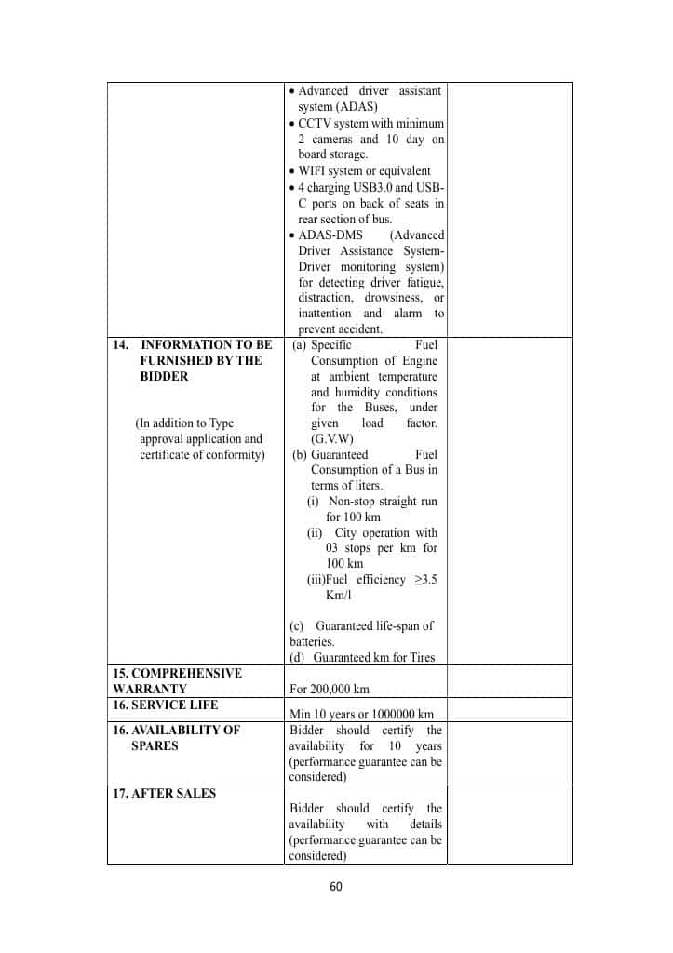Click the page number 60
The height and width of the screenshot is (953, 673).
(336, 886)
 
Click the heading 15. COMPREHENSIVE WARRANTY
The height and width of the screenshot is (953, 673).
(177, 680)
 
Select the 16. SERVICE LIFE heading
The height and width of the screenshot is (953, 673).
(165, 705)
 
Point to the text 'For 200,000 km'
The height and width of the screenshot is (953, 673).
(329, 689)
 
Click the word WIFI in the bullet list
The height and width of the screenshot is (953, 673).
(313, 171)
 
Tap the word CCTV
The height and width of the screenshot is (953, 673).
(314, 124)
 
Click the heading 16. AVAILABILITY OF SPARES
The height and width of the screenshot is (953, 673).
(175, 737)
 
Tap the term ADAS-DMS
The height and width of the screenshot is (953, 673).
(330, 235)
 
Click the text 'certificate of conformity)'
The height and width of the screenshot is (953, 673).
(202, 454)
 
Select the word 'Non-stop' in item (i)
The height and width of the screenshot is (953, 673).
(351, 502)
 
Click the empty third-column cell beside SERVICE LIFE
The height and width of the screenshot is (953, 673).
(509, 709)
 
